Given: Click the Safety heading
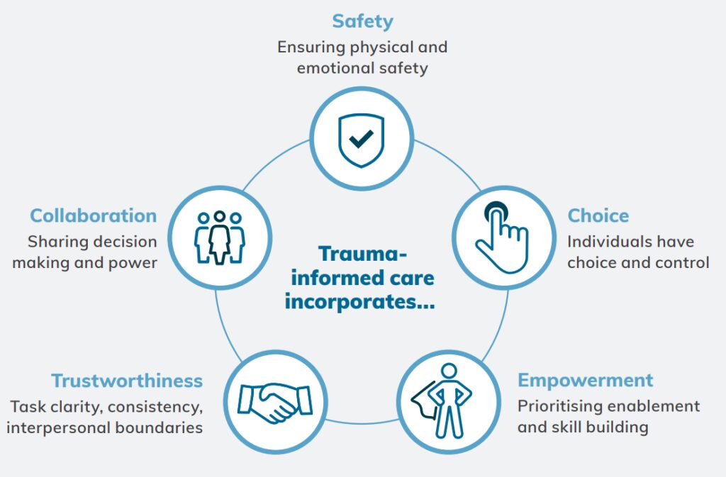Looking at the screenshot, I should tap(362, 21).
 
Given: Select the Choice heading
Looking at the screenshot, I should tap(598, 215).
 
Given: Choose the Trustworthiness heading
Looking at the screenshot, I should tap(127, 381).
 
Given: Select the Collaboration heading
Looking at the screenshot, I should tap(93, 215).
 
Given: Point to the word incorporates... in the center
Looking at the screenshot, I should tap(359, 301).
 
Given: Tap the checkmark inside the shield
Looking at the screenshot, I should tap(362, 137).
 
